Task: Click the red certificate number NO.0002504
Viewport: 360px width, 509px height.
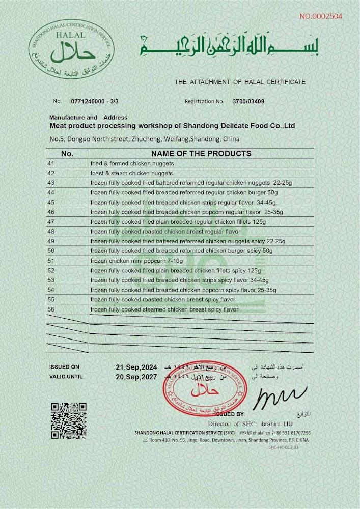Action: pos(321,16)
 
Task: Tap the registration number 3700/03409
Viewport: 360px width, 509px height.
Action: pos(248,101)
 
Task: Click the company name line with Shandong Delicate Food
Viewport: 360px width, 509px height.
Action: pos(172,126)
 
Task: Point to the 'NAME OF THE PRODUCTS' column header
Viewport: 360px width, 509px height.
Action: pos(201,153)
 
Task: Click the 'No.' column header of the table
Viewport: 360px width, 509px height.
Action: pos(67,153)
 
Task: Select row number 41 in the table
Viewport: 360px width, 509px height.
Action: pos(50,164)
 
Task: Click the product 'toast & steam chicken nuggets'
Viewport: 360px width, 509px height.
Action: pos(131,173)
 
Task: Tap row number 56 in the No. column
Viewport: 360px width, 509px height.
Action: pos(50,309)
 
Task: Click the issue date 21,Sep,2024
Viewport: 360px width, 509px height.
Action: pos(137,367)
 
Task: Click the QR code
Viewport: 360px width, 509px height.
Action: pos(69,420)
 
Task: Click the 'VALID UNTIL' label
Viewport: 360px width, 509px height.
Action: pos(66,377)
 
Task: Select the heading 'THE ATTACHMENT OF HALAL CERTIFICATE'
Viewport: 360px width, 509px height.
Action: pos(240,81)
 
